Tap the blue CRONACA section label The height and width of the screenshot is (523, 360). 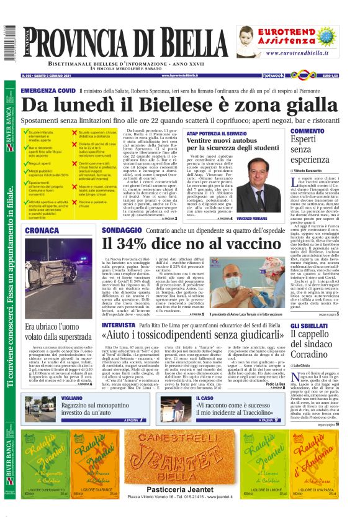coord(43,231)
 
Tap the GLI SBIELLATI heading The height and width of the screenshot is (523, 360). coord(310,325)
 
